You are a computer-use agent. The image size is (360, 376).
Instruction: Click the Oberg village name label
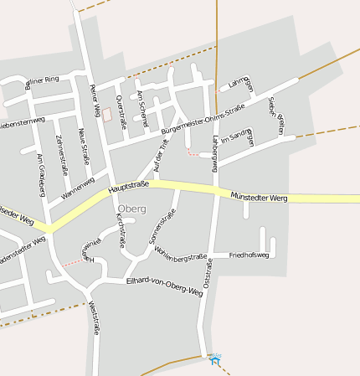(132, 208)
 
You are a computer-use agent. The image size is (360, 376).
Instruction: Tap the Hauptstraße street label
(128, 188)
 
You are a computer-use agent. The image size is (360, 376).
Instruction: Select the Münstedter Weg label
(260, 196)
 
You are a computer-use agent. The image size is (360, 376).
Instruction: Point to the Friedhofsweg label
(249, 254)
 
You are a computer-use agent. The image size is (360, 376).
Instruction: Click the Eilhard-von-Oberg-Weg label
(164, 286)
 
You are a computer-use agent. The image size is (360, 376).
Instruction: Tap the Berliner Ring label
(42, 82)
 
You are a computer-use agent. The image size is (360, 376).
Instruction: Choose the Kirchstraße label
(121, 230)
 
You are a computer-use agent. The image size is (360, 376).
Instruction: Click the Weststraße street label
(93, 318)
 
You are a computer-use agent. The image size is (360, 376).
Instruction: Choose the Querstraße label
(121, 111)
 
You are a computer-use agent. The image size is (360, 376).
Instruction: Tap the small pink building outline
(105, 113)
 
